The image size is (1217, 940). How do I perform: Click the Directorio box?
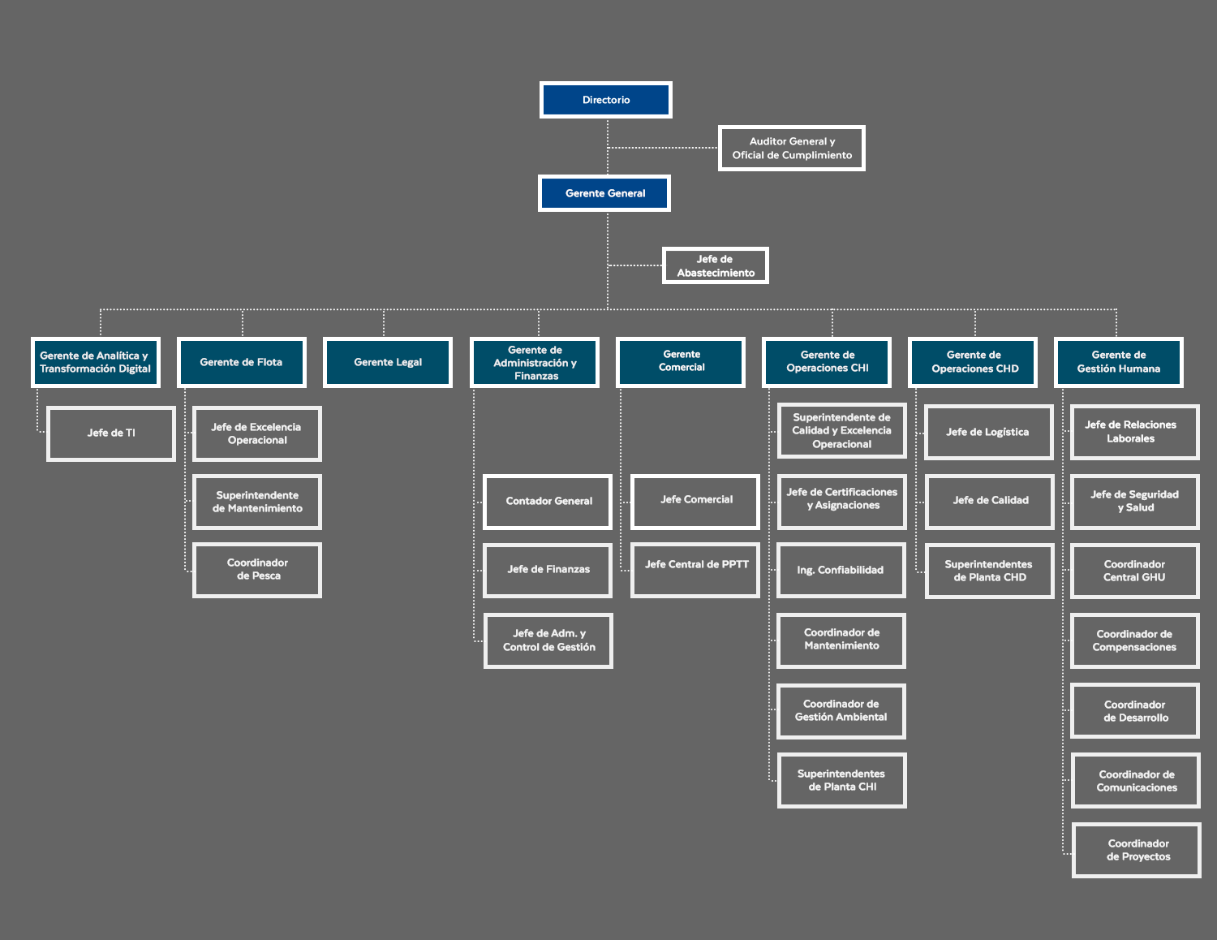(606, 100)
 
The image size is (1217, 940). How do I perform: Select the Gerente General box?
(604, 193)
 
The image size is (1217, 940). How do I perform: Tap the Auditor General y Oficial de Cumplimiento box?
(792, 148)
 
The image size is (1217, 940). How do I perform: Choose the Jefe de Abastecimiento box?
(716, 265)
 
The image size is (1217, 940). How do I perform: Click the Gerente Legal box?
(388, 362)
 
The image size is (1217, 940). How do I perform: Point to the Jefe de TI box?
(111, 433)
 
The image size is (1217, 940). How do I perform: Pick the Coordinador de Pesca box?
(257, 570)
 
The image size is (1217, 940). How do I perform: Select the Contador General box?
(548, 502)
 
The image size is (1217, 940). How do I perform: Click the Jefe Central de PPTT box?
(695, 570)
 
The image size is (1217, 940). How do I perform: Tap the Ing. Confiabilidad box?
(841, 570)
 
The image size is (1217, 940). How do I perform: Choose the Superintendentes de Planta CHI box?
(841, 780)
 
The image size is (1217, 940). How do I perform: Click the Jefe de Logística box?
(988, 433)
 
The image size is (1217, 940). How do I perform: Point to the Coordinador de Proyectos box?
(1137, 850)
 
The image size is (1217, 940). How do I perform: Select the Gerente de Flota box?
(242, 362)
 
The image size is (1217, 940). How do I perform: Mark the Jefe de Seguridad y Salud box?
(1134, 502)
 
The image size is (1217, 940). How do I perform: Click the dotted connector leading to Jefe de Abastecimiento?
(635, 265)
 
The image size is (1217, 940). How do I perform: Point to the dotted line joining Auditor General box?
(663, 148)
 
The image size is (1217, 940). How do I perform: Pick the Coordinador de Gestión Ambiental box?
(841, 711)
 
